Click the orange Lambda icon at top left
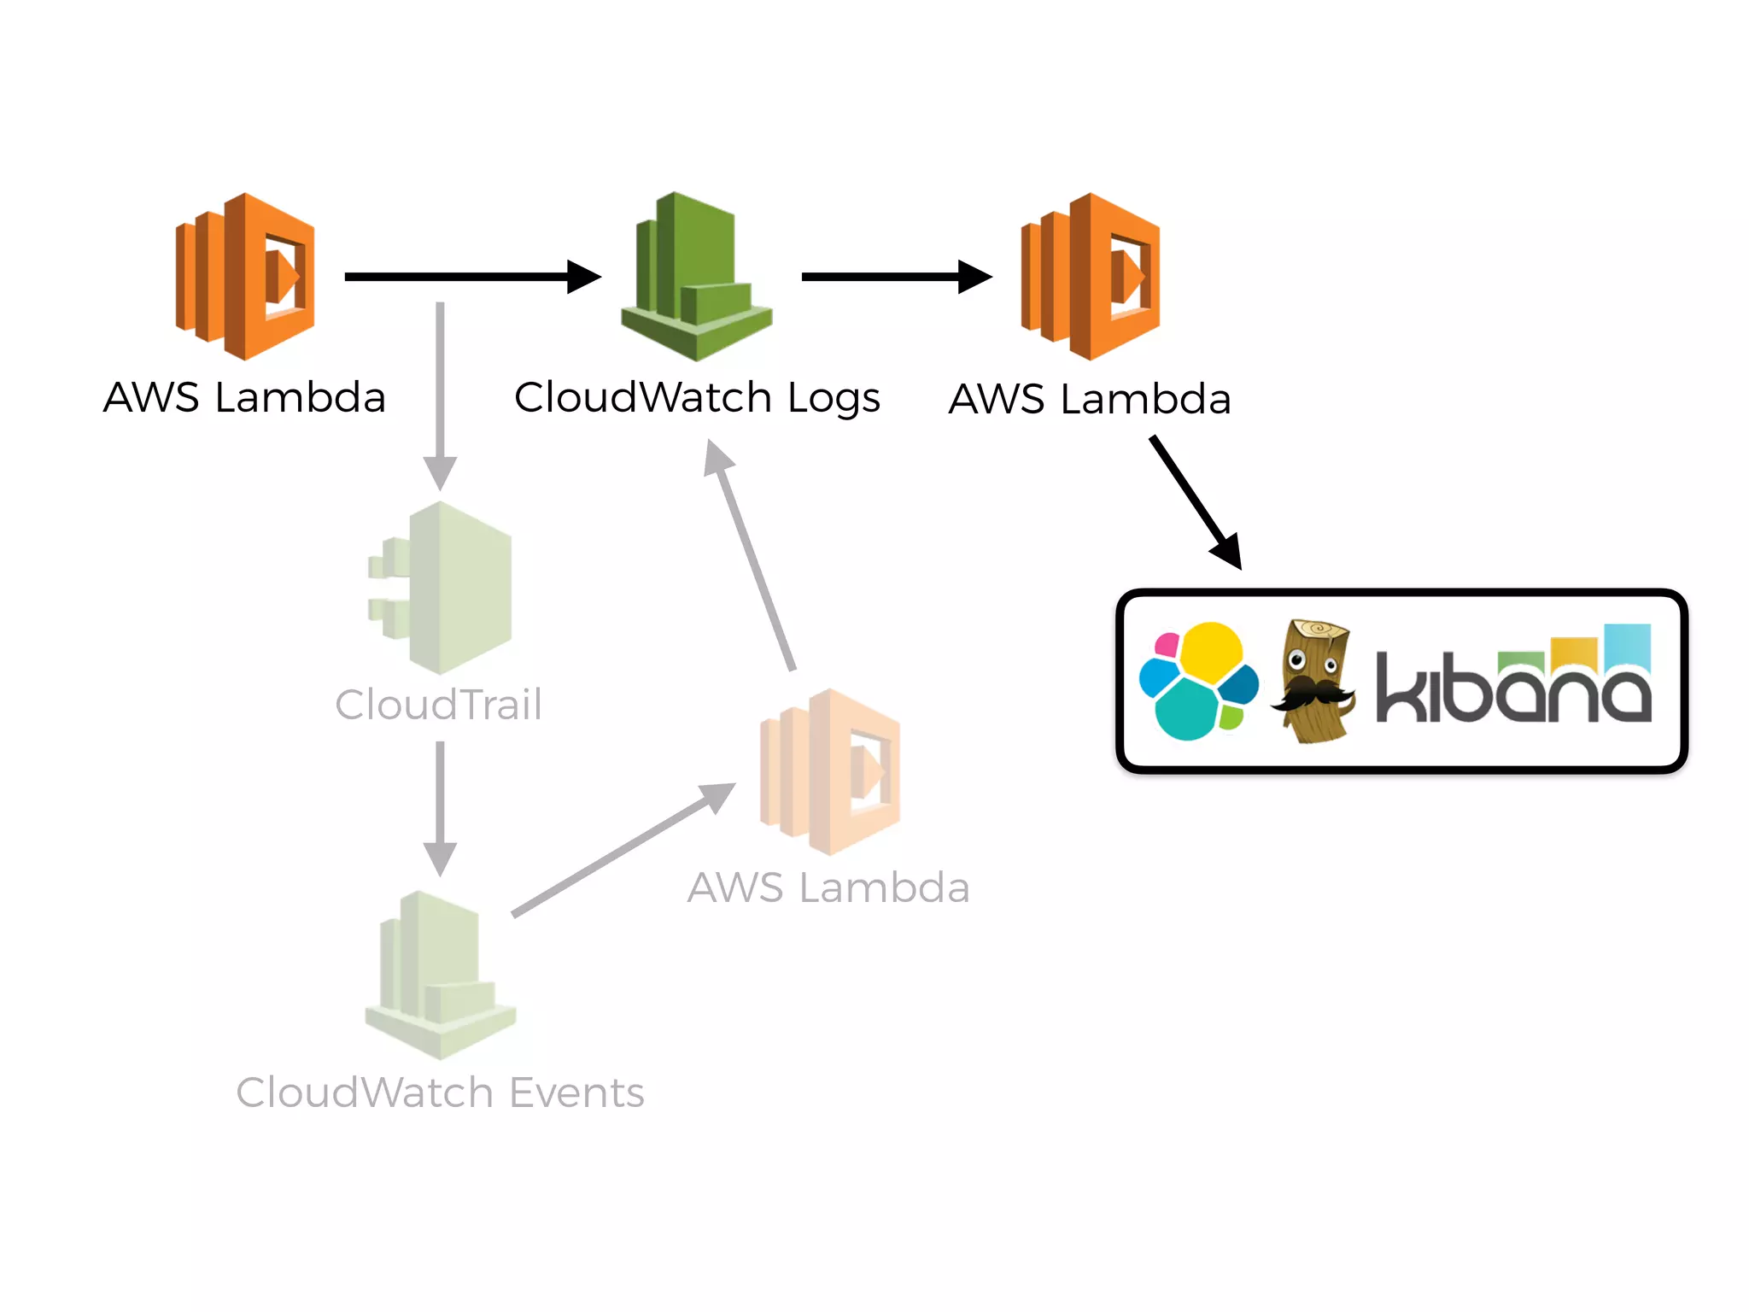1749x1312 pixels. pyautogui.click(x=245, y=276)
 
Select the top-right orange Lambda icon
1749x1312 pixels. pyautogui.click(x=1091, y=276)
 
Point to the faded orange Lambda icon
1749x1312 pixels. pyautogui.click(x=830, y=771)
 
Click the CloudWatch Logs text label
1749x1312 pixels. pyautogui.click(x=697, y=398)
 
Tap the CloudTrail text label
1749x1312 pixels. pyautogui.click(x=438, y=706)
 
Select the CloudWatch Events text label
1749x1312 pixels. pyautogui.click(x=440, y=1092)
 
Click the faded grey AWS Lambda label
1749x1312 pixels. pyautogui.click(x=828, y=887)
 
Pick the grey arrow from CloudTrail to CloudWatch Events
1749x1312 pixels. pyautogui.click(x=440, y=807)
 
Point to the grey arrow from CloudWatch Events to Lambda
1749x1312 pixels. pyautogui.click(x=623, y=850)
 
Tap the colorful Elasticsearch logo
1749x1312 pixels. pyautogui.click(x=1198, y=681)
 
